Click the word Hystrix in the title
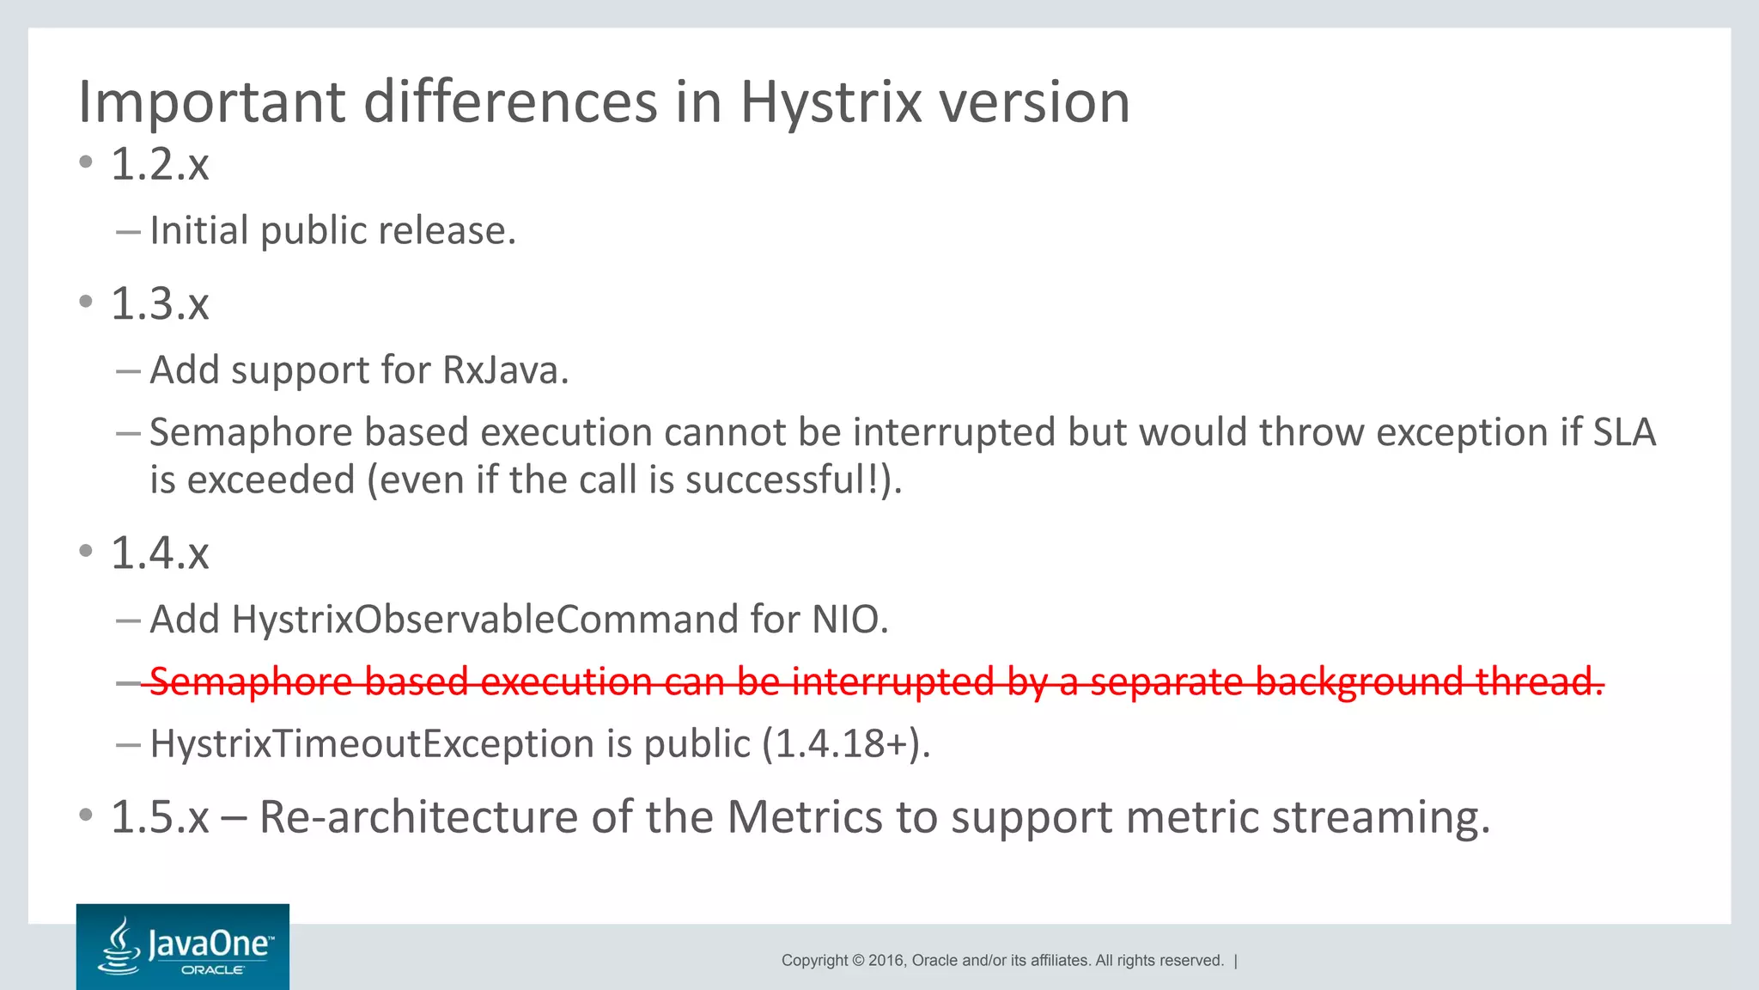click(x=831, y=103)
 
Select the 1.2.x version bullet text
click(x=160, y=164)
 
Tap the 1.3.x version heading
click(x=160, y=304)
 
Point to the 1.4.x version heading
click(x=160, y=553)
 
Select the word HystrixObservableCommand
click(x=484, y=620)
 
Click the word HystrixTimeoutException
click(x=372, y=744)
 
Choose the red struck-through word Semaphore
click(x=251, y=681)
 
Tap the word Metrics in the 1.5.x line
click(x=804, y=817)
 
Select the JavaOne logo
click(x=183, y=947)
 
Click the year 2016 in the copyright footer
click(x=887, y=961)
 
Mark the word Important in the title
click(x=211, y=103)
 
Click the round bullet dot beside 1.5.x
click(x=85, y=815)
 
